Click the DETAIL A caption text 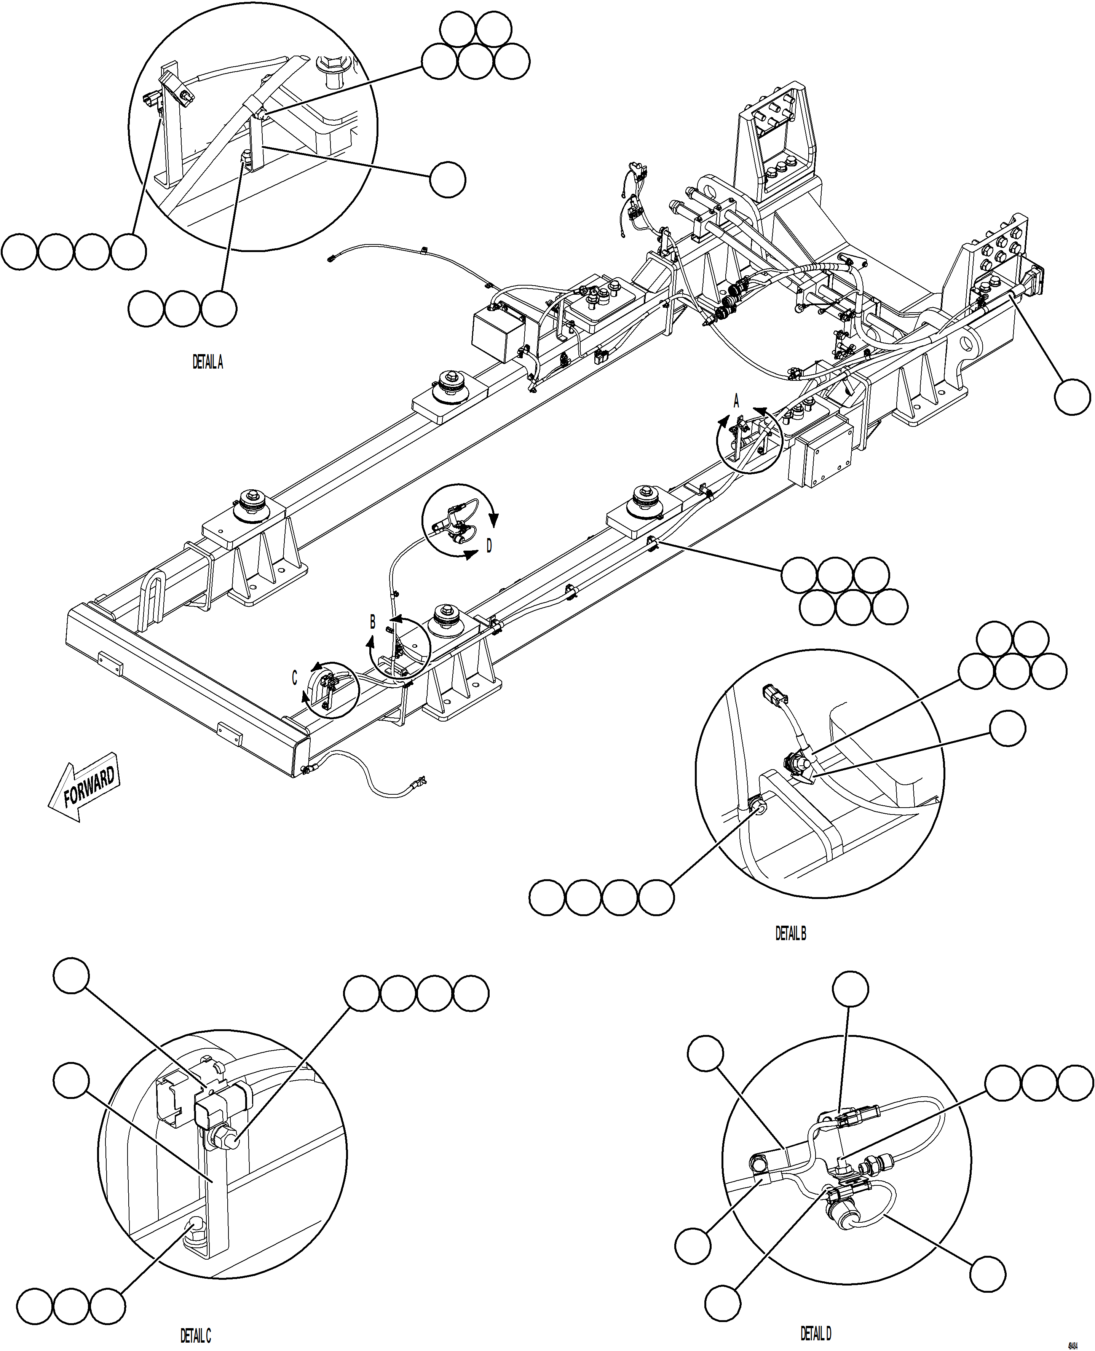tap(208, 362)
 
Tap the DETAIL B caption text tap(790, 933)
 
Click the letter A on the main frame tap(736, 401)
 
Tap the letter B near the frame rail tap(373, 623)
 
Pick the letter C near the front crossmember tap(294, 678)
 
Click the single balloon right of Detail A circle tap(447, 179)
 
